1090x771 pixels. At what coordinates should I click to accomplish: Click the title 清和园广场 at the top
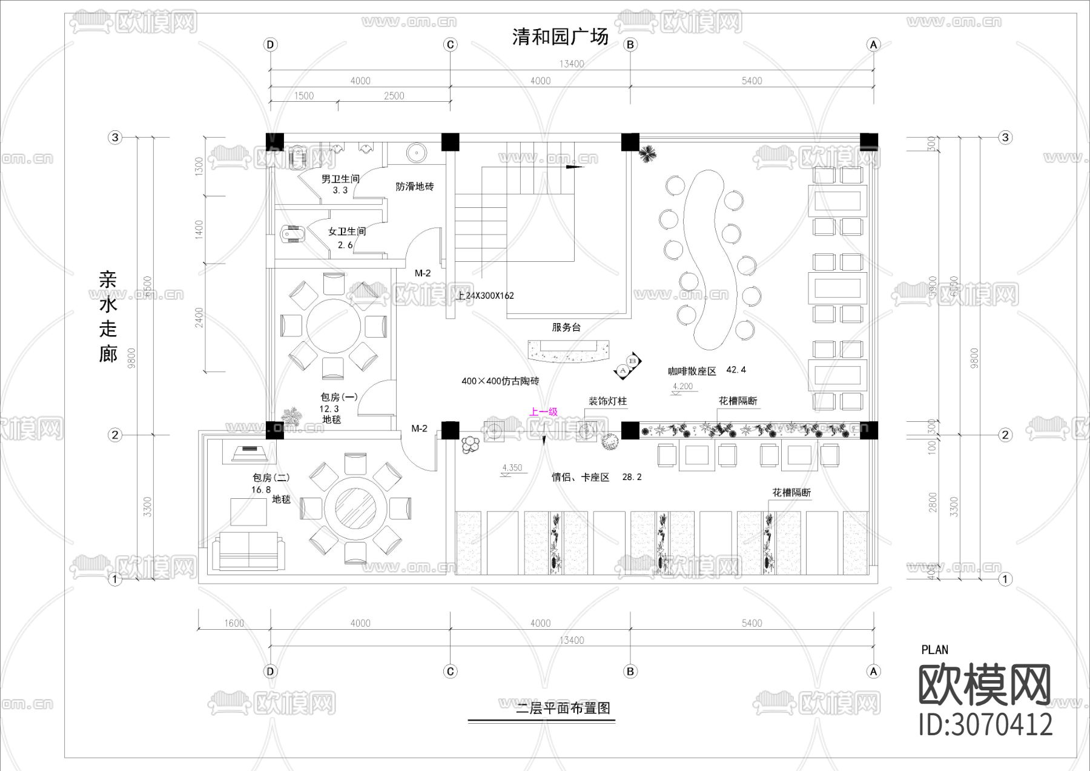coord(560,36)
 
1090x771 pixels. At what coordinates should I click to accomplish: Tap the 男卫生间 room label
coord(340,179)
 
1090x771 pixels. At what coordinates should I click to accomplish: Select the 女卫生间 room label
coord(346,231)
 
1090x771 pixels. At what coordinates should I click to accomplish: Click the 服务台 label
coord(566,327)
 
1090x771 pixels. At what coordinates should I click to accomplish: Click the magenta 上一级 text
coord(543,412)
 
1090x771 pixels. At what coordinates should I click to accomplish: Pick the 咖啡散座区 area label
coord(692,371)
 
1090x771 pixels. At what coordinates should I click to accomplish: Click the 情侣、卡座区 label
coord(580,478)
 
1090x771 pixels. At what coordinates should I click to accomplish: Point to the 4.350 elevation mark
coord(512,468)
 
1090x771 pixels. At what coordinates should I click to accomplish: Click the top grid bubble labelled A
coord(873,44)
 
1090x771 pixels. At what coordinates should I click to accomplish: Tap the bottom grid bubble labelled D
coord(270,671)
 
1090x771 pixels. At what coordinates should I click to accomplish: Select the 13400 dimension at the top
coord(571,64)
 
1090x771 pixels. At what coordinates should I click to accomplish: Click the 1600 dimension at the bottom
coord(234,623)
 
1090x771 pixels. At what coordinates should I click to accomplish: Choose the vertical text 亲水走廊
coord(108,316)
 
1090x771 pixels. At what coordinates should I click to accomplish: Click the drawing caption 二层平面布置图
coord(563,708)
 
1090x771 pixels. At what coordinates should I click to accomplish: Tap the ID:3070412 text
coord(985,725)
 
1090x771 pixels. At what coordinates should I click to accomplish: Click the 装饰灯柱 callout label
coord(607,401)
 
